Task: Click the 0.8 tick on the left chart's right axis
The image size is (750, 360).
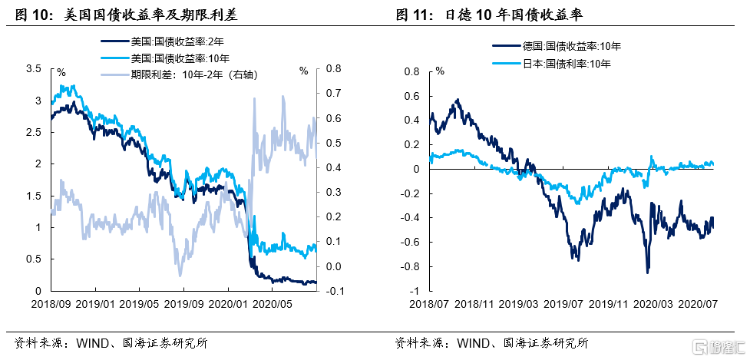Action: [x=332, y=69]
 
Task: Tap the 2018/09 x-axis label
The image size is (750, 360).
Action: [x=52, y=304]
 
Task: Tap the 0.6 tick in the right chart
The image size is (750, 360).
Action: [x=413, y=96]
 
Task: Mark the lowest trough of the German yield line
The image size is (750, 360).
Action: [x=647, y=272]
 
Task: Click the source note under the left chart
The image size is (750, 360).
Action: [x=111, y=343]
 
